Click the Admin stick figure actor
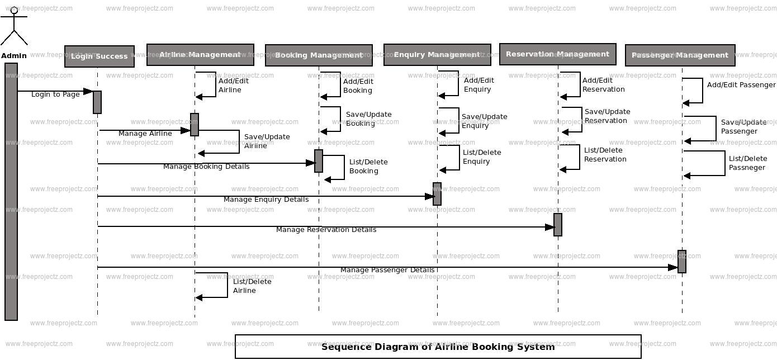pyautogui.click(x=13, y=29)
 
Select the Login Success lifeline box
pyautogui.click(x=100, y=56)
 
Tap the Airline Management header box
pyautogui.click(x=200, y=55)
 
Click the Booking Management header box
pyautogui.click(x=319, y=55)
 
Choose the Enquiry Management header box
pyautogui.click(x=437, y=55)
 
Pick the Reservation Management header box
pyautogui.click(x=557, y=54)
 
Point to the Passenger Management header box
pyautogui.click(x=680, y=55)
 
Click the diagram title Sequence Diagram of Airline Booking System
pyautogui.click(x=438, y=347)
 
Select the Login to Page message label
pyautogui.click(x=55, y=94)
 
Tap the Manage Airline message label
pyautogui.click(x=145, y=134)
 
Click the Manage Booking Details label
pyautogui.click(x=206, y=167)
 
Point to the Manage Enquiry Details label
pyautogui.click(x=266, y=200)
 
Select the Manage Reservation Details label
pyautogui.click(x=326, y=230)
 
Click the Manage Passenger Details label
pyautogui.click(x=387, y=270)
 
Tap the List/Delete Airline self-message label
pyautogui.click(x=244, y=286)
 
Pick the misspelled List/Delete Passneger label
pyautogui.click(x=747, y=163)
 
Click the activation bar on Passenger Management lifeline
pyautogui.click(x=682, y=262)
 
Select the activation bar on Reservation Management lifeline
pyautogui.click(x=558, y=225)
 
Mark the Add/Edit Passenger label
pyautogui.click(x=741, y=85)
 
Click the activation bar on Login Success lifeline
pyautogui.click(x=97, y=102)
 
